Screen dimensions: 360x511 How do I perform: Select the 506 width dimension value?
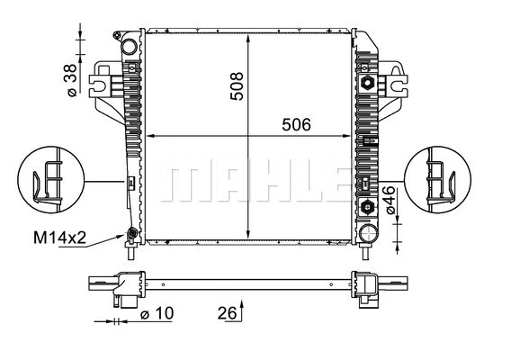(x=292, y=126)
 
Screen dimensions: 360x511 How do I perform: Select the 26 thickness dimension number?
(x=228, y=313)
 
